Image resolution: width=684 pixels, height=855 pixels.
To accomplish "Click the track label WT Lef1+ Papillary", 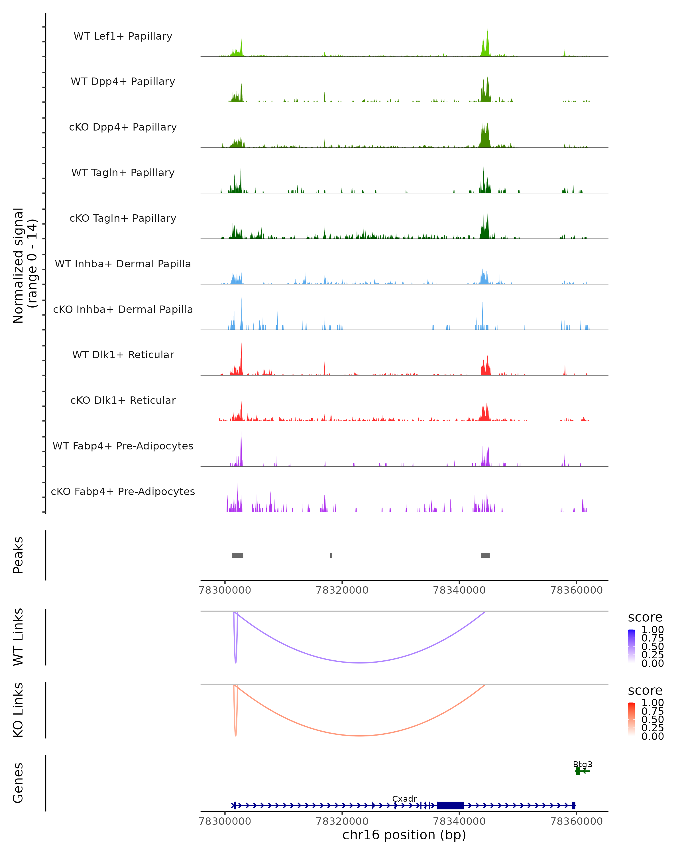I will tap(123, 36).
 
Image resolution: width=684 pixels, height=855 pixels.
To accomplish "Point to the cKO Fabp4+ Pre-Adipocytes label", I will tap(123, 491).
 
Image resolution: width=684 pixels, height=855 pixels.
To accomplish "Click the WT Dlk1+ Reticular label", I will tap(123, 355).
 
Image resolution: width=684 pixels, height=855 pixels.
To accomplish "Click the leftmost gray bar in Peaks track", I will tap(237, 555).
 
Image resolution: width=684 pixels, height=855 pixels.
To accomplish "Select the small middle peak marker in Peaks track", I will tap(331, 555).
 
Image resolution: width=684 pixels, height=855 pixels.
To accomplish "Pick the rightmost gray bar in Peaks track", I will tap(485, 555).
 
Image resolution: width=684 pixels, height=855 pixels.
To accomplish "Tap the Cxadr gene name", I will tap(404, 799).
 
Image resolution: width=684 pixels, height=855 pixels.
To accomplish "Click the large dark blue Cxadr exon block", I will tap(450, 805).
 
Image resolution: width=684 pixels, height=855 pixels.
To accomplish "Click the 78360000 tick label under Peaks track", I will tap(577, 590).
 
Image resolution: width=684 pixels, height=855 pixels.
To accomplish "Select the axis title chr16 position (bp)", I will tap(404, 835).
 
